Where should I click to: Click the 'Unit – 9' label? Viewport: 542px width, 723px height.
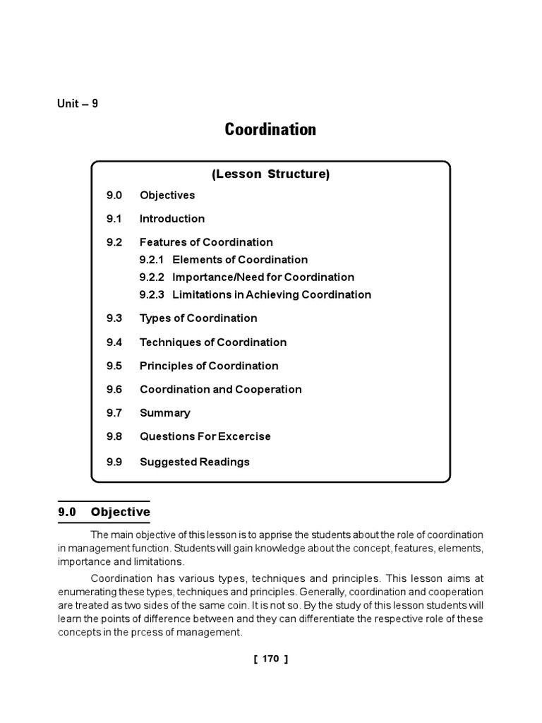click(78, 104)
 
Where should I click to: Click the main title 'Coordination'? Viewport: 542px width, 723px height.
click(270, 130)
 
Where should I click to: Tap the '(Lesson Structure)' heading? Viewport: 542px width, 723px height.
click(270, 174)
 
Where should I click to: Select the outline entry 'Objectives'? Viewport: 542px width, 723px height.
click(167, 196)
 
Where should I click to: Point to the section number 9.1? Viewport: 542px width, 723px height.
click(114, 219)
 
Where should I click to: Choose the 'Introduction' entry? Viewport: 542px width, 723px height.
click(172, 219)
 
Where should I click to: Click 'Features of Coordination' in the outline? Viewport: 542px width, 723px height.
click(206, 242)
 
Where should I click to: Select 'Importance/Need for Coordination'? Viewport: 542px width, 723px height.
click(263, 277)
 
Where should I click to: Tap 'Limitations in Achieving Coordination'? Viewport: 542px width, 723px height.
click(272, 295)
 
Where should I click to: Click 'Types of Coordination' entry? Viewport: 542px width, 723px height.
click(198, 318)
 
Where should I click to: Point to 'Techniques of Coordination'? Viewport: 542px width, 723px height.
click(213, 342)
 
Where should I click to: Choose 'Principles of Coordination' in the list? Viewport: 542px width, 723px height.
click(209, 366)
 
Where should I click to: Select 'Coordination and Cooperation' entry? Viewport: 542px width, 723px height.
click(221, 390)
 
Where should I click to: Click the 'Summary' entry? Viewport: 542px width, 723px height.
click(165, 413)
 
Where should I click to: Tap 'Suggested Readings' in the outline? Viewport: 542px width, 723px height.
click(195, 462)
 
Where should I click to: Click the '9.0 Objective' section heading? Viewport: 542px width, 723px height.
click(104, 512)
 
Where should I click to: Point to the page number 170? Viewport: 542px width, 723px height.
click(270, 659)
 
